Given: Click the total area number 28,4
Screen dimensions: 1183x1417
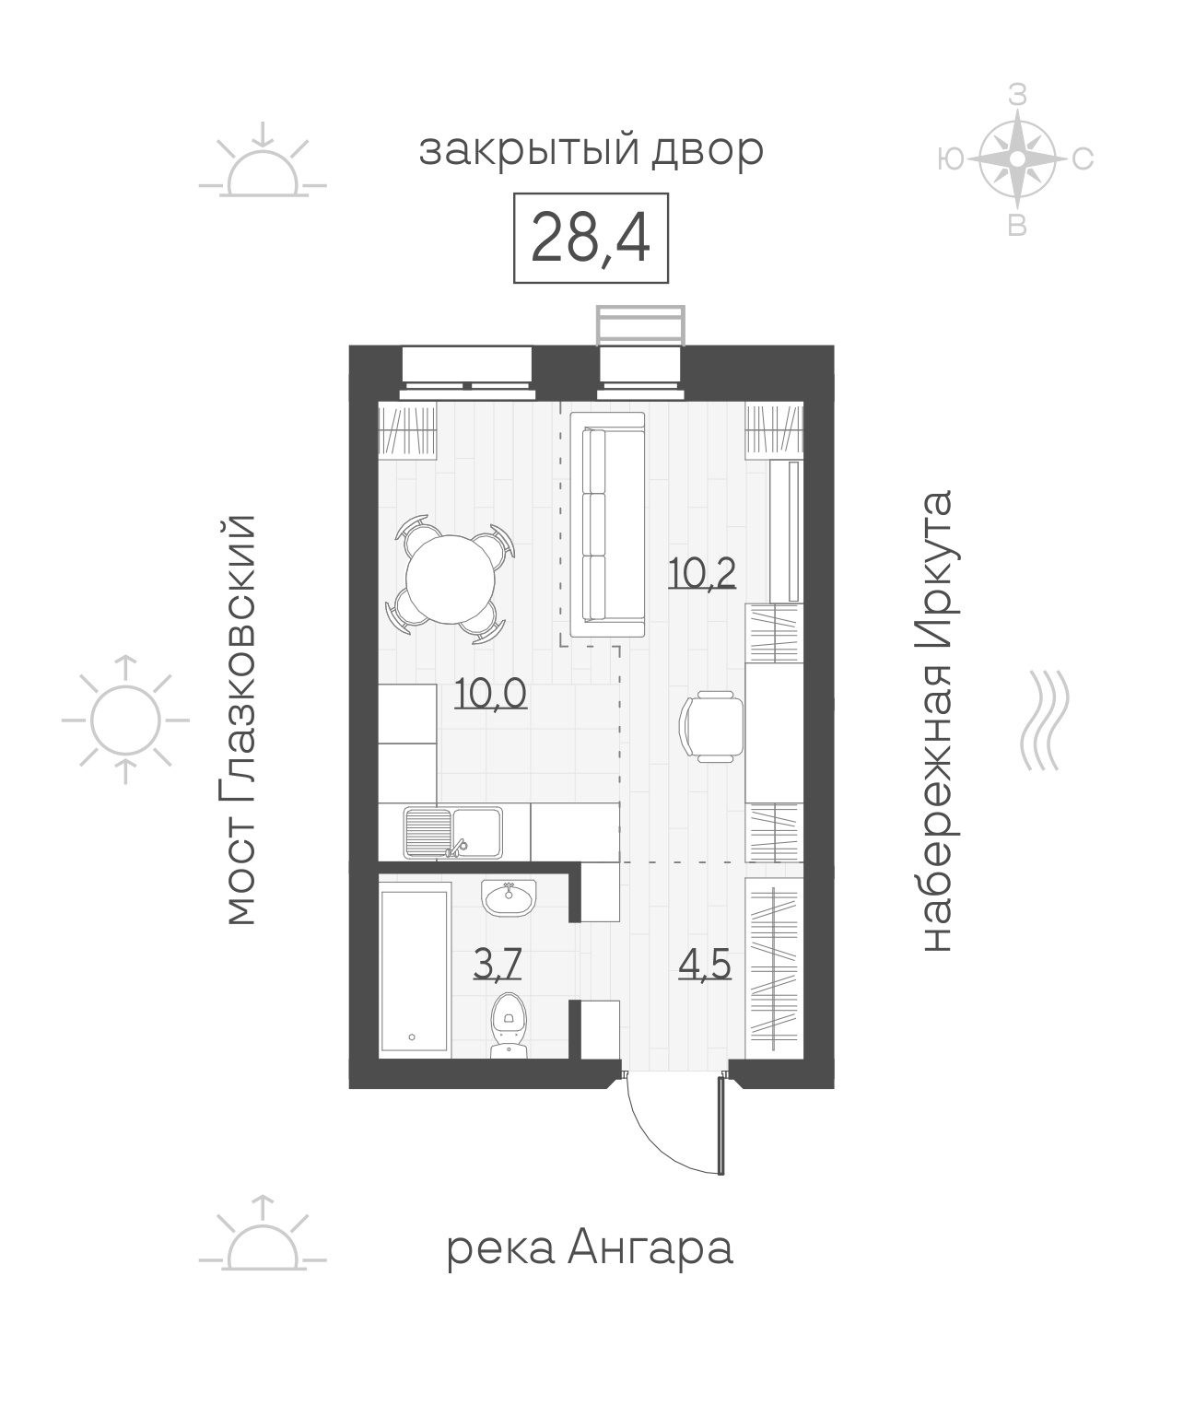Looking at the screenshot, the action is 590,238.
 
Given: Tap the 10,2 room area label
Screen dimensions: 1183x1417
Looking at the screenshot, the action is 702,573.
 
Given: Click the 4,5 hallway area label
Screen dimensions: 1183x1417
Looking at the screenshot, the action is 705,964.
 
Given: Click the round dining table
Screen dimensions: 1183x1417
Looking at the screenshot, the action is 451,579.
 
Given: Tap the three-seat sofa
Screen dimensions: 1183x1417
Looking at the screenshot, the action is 607,524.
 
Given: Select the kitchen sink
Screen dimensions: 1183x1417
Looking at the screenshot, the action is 452,832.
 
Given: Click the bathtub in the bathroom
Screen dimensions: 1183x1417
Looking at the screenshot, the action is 415,970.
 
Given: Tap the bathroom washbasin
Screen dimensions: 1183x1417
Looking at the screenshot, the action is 509,898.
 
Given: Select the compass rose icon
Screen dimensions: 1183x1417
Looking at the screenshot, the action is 1017,158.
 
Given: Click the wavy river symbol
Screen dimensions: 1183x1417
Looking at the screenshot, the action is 1045,720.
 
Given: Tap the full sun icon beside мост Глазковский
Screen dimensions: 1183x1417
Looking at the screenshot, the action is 125,720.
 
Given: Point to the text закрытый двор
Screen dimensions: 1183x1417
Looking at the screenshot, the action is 591,151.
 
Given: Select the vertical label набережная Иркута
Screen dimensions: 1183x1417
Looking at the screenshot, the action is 939,720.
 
